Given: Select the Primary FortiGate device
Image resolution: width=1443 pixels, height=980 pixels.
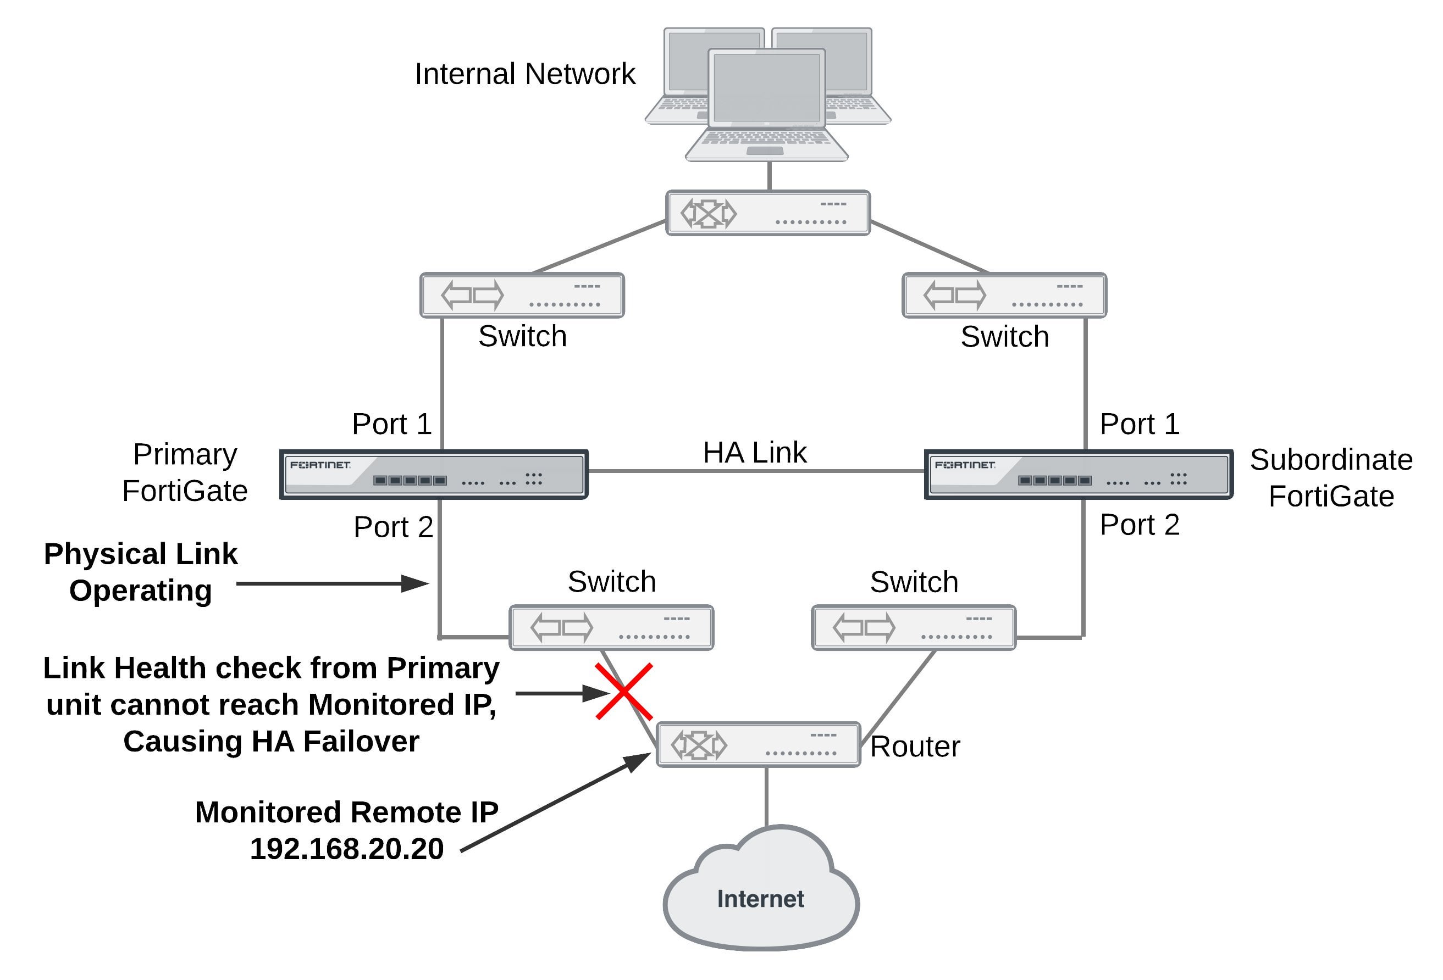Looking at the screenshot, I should pyautogui.click(x=433, y=475).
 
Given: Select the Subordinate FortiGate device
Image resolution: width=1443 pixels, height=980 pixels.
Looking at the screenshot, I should pyautogui.click(x=1079, y=475).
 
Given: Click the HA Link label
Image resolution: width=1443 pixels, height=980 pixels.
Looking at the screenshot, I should pyautogui.click(x=754, y=453).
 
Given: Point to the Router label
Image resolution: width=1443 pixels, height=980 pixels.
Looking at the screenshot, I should pyautogui.click(x=915, y=747).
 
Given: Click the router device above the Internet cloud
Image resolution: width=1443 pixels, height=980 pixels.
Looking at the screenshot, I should pyautogui.click(x=758, y=744).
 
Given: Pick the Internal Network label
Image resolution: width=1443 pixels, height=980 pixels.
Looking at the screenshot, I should pyautogui.click(x=524, y=74).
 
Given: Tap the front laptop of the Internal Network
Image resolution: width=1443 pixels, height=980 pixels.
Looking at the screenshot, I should pyautogui.click(x=767, y=105).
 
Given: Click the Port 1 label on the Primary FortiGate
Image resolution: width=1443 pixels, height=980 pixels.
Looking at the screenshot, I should pyautogui.click(x=392, y=424).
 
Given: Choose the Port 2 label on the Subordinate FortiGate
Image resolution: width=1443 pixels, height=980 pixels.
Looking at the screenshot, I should pyautogui.click(x=1140, y=525).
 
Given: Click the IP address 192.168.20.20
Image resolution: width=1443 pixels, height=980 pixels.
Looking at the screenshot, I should pyautogui.click(x=346, y=848).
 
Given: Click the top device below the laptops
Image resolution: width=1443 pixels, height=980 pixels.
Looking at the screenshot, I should pyautogui.click(x=767, y=213).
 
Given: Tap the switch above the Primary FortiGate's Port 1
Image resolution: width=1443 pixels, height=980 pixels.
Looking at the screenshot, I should pyautogui.click(x=522, y=296).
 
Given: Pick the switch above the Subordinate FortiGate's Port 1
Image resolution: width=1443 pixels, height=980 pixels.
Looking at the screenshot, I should pyautogui.click(x=1004, y=296).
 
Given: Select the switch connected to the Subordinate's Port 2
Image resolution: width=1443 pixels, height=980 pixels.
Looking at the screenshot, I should pyautogui.click(x=914, y=627).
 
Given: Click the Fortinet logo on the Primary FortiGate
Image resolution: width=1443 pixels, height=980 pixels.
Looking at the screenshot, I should pyautogui.click(x=320, y=465).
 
